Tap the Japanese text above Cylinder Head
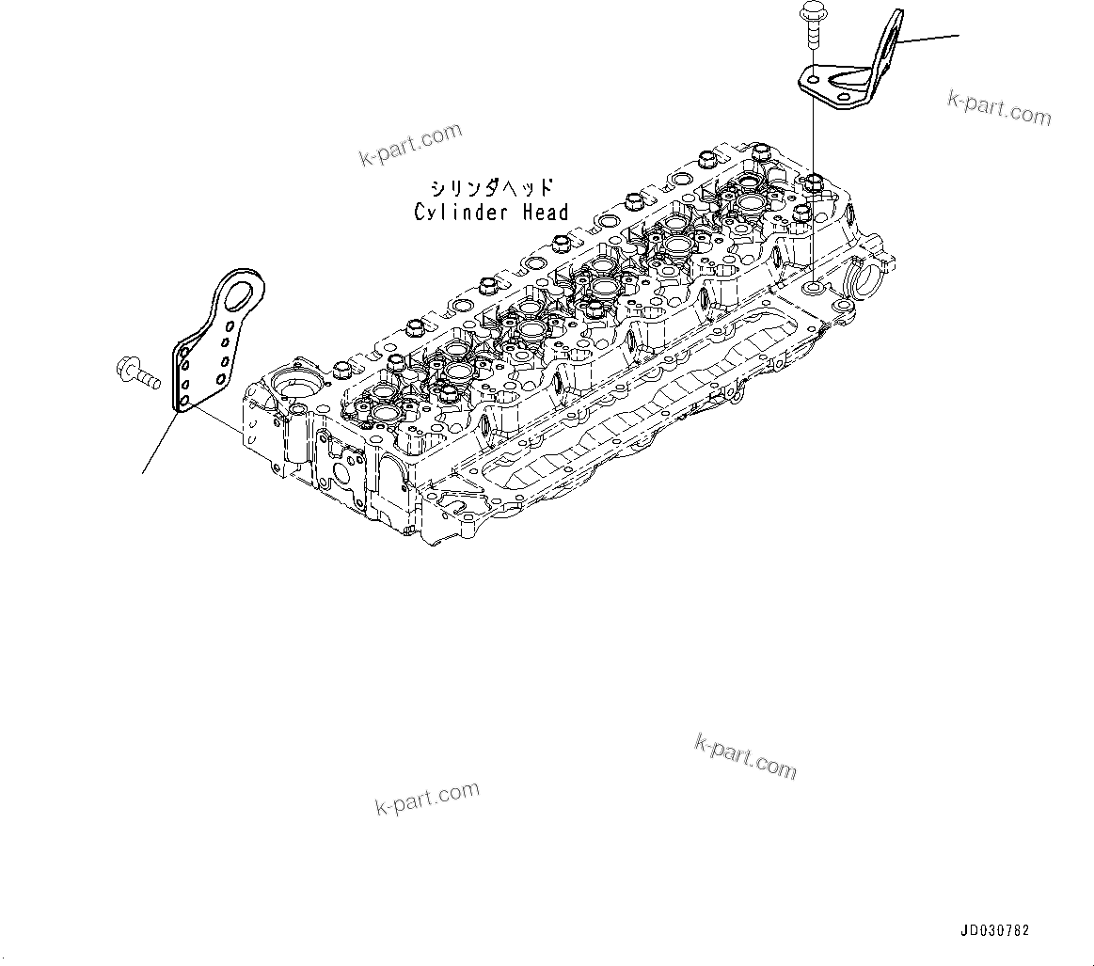tap(491, 188)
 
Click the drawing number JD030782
tap(994, 931)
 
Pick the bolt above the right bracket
tap(809, 24)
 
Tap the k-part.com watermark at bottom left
tap(427, 799)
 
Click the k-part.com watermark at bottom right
tap(745, 757)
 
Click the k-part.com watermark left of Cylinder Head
tap(411, 144)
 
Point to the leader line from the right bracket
tap(927, 40)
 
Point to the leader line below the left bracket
tap(160, 442)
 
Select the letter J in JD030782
tap(964, 931)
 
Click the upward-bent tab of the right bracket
tap(885, 42)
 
